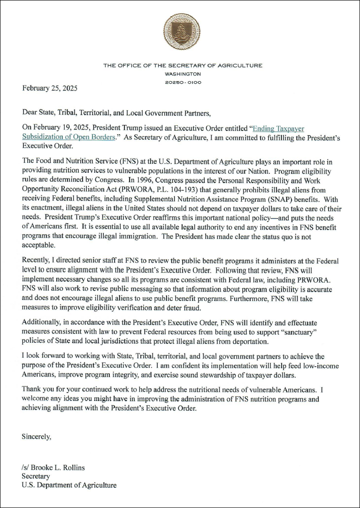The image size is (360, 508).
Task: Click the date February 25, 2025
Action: [x=50, y=88]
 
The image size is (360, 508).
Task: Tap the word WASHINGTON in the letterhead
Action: [x=183, y=74]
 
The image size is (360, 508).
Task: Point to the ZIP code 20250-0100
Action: [x=183, y=82]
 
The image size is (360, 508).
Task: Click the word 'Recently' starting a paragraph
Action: [x=37, y=260]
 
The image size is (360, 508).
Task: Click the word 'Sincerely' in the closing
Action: [x=37, y=436]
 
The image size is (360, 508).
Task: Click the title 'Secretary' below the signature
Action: [x=36, y=476]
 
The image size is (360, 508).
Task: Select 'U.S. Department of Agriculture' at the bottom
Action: [x=69, y=485]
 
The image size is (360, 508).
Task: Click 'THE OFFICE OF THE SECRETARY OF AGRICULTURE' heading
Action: [x=183, y=65]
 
